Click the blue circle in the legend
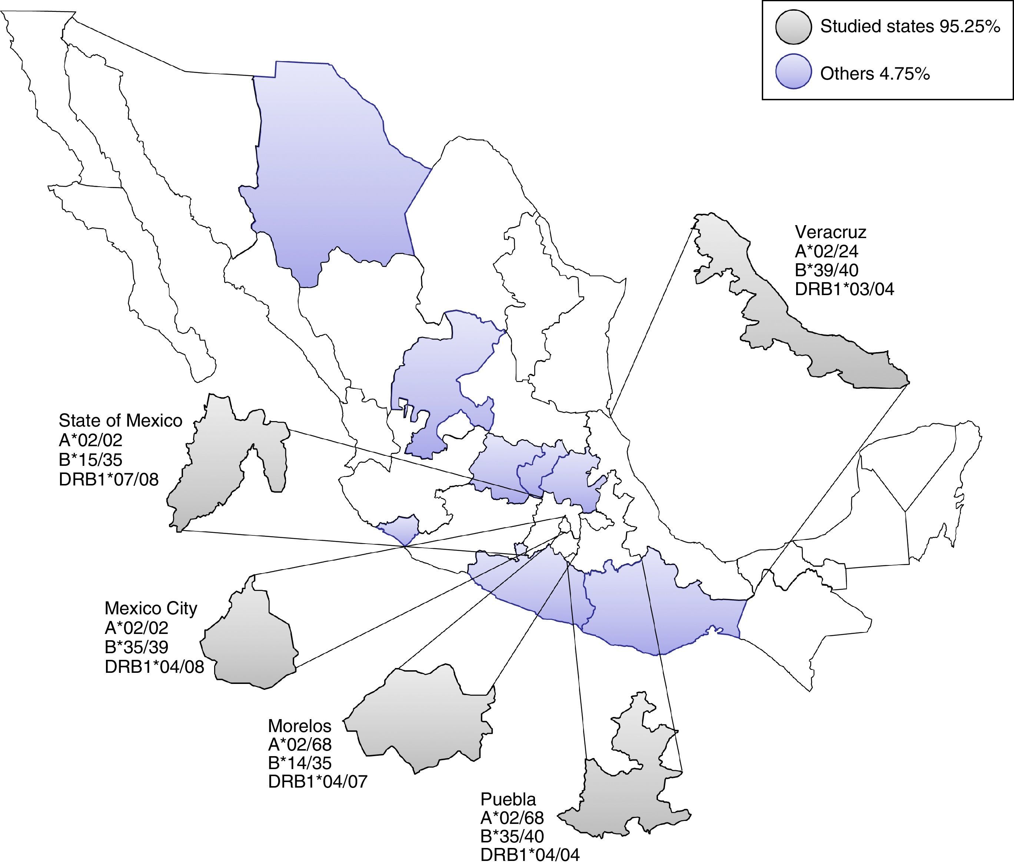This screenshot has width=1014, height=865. (x=793, y=71)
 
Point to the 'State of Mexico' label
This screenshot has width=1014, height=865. (x=120, y=420)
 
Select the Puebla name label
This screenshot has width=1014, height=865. (x=508, y=799)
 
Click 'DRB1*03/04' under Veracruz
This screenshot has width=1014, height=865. (x=844, y=289)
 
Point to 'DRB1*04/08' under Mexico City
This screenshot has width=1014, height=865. (x=154, y=667)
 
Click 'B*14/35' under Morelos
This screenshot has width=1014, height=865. (x=299, y=763)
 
